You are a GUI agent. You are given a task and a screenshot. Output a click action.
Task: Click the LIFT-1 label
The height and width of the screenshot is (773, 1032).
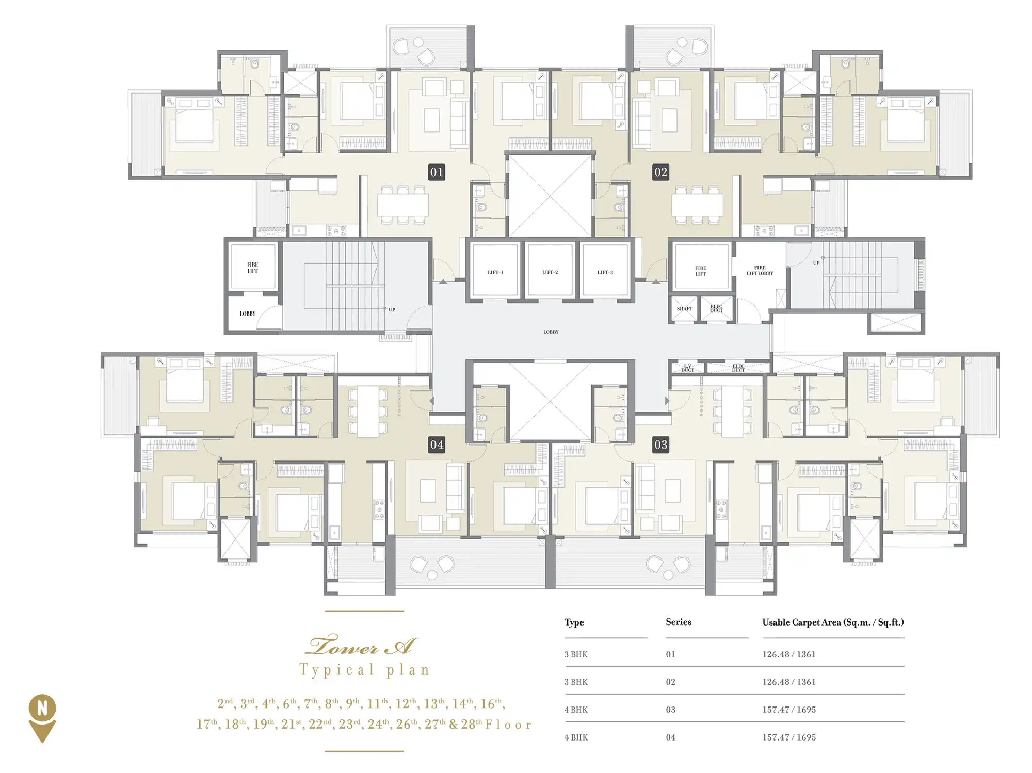(495, 272)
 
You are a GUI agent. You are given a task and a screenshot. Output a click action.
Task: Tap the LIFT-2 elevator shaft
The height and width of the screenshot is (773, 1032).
(550, 269)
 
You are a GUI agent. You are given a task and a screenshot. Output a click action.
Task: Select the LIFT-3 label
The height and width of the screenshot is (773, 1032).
(605, 272)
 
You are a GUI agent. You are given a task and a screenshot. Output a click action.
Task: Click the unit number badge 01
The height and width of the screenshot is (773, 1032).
(437, 172)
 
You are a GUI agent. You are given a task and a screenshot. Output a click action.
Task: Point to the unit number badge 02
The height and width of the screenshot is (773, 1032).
(660, 172)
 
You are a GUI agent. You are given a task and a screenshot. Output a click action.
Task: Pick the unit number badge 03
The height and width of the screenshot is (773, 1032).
(660, 445)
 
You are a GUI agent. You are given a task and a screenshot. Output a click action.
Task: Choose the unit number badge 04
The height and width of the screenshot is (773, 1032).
(437, 445)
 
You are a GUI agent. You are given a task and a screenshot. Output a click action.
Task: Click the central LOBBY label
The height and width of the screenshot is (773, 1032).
(551, 332)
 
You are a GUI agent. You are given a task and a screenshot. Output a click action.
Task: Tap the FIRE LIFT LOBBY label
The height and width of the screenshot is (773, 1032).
(760, 271)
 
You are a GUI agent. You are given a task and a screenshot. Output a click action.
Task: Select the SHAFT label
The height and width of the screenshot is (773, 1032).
(684, 309)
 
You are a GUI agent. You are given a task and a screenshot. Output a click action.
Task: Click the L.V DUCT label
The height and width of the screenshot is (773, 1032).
(687, 368)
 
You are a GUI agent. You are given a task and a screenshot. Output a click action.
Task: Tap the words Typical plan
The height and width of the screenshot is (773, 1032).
(364, 670)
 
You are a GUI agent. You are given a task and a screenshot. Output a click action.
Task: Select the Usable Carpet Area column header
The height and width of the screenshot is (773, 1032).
(833, 622)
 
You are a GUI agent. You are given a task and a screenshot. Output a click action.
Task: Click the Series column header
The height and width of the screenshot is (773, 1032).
(678, 622)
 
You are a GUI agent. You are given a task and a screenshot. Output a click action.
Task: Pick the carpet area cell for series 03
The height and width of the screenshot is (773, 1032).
(789, 710)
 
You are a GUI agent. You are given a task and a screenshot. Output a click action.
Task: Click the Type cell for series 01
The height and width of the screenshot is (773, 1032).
(576, 654)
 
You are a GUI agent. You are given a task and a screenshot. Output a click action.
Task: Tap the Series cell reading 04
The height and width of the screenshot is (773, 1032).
(670, 737)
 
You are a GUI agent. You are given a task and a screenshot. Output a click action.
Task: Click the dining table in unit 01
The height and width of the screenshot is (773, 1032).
(402, 205)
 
